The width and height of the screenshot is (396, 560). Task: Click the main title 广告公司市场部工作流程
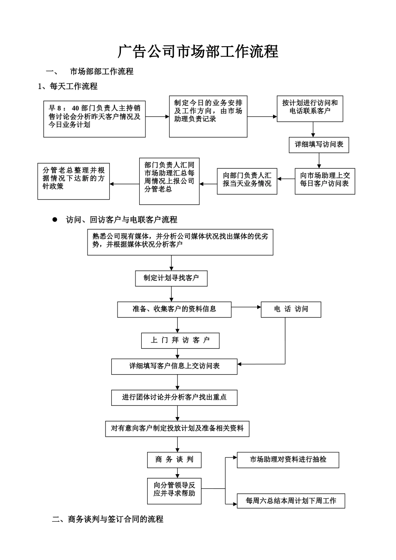(x=198, y=52)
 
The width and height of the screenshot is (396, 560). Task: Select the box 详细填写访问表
(x=319, y=145)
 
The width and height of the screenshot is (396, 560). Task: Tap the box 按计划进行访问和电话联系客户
(x=310, y=109)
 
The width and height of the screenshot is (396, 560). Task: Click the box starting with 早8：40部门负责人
(x=95, y=119)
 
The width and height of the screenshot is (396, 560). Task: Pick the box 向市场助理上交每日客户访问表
(x=325, y=181)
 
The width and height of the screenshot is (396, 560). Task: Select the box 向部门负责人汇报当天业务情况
(x=247, y=181)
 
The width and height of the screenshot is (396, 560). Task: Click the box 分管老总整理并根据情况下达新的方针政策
(x=73, y=181)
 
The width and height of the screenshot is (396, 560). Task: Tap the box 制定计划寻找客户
(x=171, y=278)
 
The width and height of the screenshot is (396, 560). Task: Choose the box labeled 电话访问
(x=291, y=310)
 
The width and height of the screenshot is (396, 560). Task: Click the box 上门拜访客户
(x=180, y=340)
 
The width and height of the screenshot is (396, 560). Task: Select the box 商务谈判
(x=174, y=460)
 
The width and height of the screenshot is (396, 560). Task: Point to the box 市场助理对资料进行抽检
(x=288, y=460)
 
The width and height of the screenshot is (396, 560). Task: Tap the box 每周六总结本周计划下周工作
(x=291, y=500)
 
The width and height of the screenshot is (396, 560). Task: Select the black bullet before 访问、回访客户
(x=54, y=219)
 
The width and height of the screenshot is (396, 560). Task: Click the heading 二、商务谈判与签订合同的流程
(x=108, y=519)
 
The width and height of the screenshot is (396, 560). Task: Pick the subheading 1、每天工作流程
(x=68, y=86)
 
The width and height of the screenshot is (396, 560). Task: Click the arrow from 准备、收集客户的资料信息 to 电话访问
(x=246, y=307)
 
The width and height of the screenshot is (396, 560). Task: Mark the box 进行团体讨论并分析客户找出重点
(x=174, y=397)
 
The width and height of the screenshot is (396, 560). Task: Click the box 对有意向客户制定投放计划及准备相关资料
(x=177, y=428)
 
